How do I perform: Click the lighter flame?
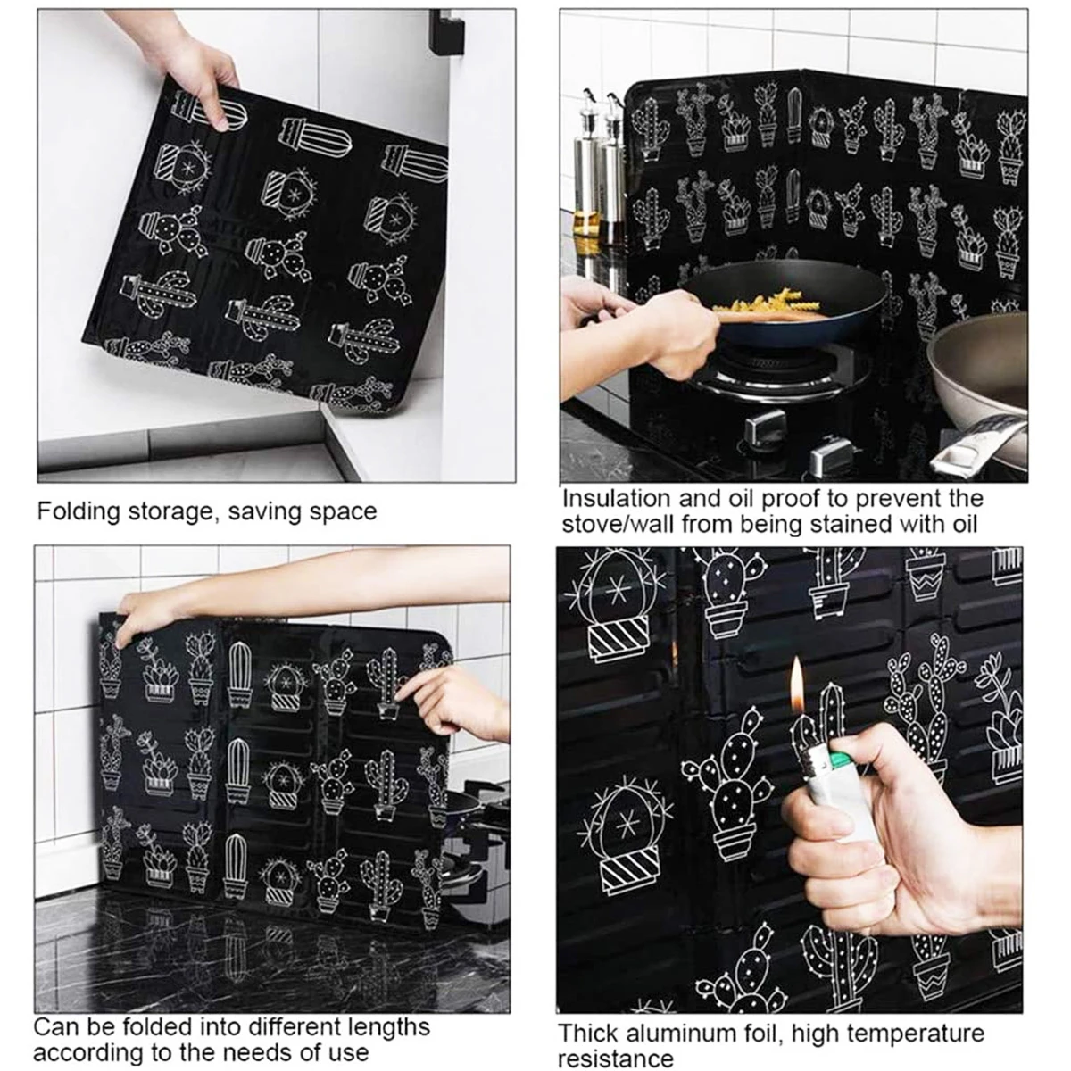click(x=797, y=687)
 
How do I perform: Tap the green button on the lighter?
click(x=841, y=758)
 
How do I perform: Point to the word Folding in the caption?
click(x=79, y=512)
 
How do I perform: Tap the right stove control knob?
click(x=830, y=455)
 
